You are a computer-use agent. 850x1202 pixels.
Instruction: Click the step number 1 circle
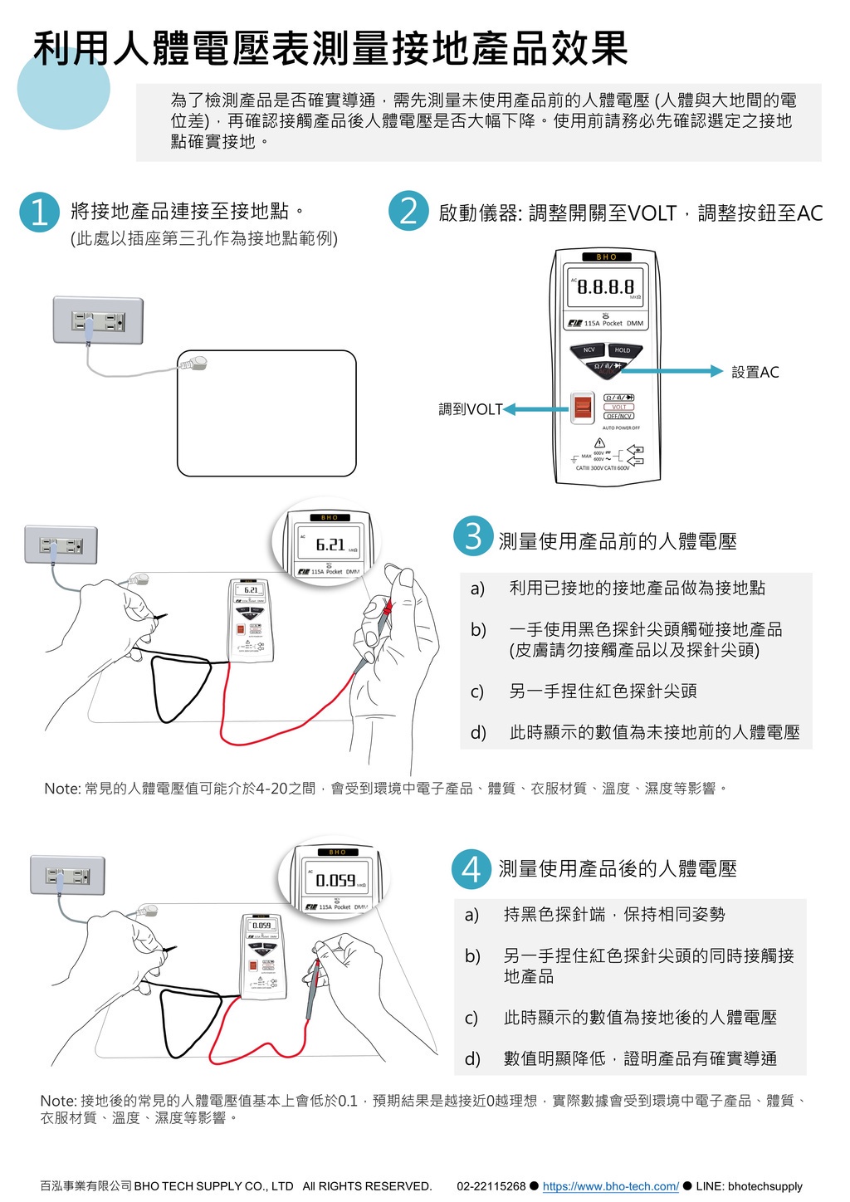click(39, 212)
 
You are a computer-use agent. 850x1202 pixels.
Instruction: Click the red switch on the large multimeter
click(583, 407)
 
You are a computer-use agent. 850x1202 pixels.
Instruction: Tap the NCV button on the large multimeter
click(589, 350)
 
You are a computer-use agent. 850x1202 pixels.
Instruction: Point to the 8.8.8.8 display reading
click(605, 287)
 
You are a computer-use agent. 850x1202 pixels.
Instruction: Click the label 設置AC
click(755, 372)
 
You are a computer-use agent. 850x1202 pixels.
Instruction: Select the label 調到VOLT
click(470, 409)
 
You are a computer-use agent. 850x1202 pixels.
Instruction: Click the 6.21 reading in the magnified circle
click(330, 545)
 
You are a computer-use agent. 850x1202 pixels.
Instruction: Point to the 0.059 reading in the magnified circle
click(335, 880)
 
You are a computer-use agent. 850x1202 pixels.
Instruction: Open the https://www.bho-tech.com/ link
click(610, 1186)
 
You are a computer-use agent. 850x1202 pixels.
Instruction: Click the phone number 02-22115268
click(491, 1186)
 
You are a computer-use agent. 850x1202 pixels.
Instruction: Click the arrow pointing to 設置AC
click(681, 371)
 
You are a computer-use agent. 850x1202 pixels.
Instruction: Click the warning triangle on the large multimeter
click(599, 443)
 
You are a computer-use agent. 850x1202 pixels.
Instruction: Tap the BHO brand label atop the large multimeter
click(607, 257)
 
